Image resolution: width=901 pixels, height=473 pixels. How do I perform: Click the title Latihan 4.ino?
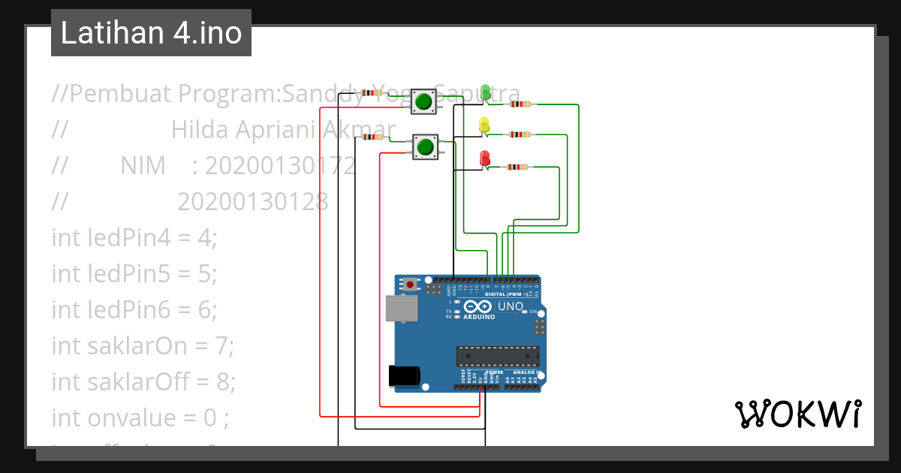(151, 33)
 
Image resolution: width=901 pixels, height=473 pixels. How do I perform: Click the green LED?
(486, 92)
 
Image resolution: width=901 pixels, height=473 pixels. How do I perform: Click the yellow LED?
(484, 125)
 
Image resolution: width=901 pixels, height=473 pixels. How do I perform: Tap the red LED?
(484, 158)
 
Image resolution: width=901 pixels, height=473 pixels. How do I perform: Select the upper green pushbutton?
(424, 101)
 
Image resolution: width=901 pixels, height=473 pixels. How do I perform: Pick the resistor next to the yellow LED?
(520, 135)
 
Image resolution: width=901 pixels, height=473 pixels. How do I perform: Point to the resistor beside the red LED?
(517, 167)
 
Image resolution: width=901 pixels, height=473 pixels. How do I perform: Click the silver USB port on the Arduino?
(402, 309)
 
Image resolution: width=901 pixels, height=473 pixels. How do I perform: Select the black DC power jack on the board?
(404, 375)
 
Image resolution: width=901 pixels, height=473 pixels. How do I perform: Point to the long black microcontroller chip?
(498, 356)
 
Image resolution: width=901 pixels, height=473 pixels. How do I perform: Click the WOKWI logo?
(797, 414)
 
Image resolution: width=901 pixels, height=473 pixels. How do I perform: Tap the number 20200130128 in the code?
(253, 201)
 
